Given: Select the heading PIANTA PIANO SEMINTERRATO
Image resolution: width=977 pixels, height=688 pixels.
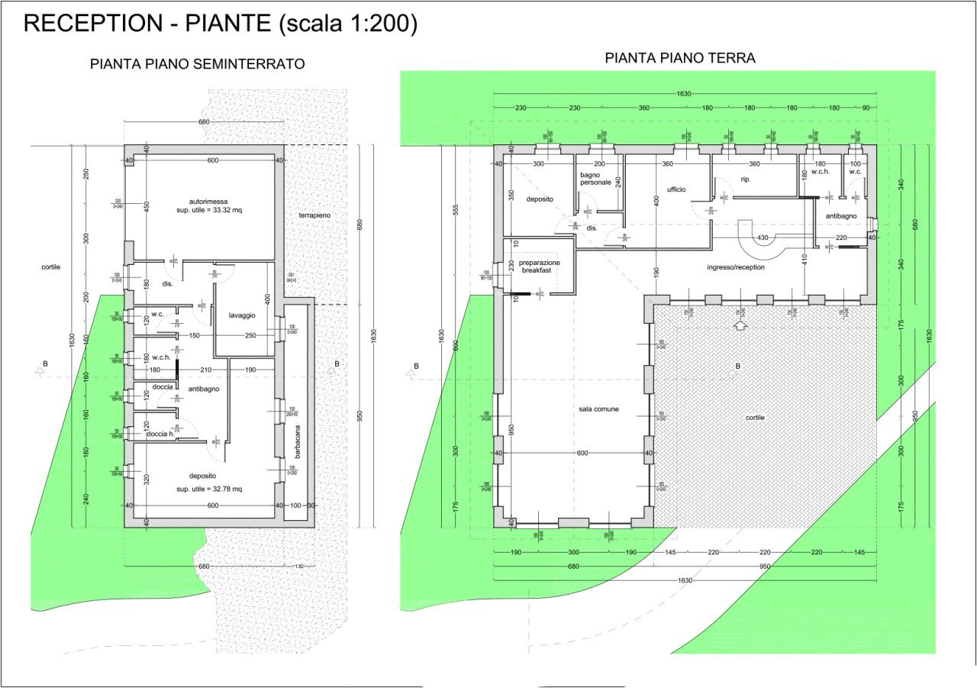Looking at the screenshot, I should pyautogui.click(x=198, y=64).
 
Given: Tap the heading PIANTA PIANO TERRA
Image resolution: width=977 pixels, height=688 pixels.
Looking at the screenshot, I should pyautogui.click(x=680, y=58).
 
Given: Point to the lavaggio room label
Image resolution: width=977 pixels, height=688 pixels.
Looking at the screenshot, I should pyautogui.click(x=241, y=315).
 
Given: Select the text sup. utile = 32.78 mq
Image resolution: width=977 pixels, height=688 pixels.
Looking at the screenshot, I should pyautogui.click(x=209, y=489).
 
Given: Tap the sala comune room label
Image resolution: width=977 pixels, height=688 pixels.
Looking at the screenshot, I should pyautogui.click(x=598, y=409).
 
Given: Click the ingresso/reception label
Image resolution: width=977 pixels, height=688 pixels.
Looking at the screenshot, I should pyautogui.click(x=736, y=267).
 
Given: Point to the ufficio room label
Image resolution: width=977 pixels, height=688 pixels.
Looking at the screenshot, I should pyautogui.click(x=676, y=189).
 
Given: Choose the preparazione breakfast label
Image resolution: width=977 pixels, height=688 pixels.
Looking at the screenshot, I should pyautogui.click(x=540, y=266).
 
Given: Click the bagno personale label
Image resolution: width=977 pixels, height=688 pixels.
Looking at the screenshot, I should pyautogui.click(x=595, y=179).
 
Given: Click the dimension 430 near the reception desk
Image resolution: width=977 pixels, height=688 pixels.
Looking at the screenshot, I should pyautogui.click(x=762, y=238).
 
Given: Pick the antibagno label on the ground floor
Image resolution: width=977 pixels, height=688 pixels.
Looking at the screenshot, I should pyautogui.click(x=841, y=216).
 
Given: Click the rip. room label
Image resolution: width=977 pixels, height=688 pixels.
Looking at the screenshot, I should pyautogui.click(x=746, y=179).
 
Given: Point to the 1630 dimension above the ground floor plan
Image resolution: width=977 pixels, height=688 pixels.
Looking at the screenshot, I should pyautogui.click(x=683, y=93).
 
